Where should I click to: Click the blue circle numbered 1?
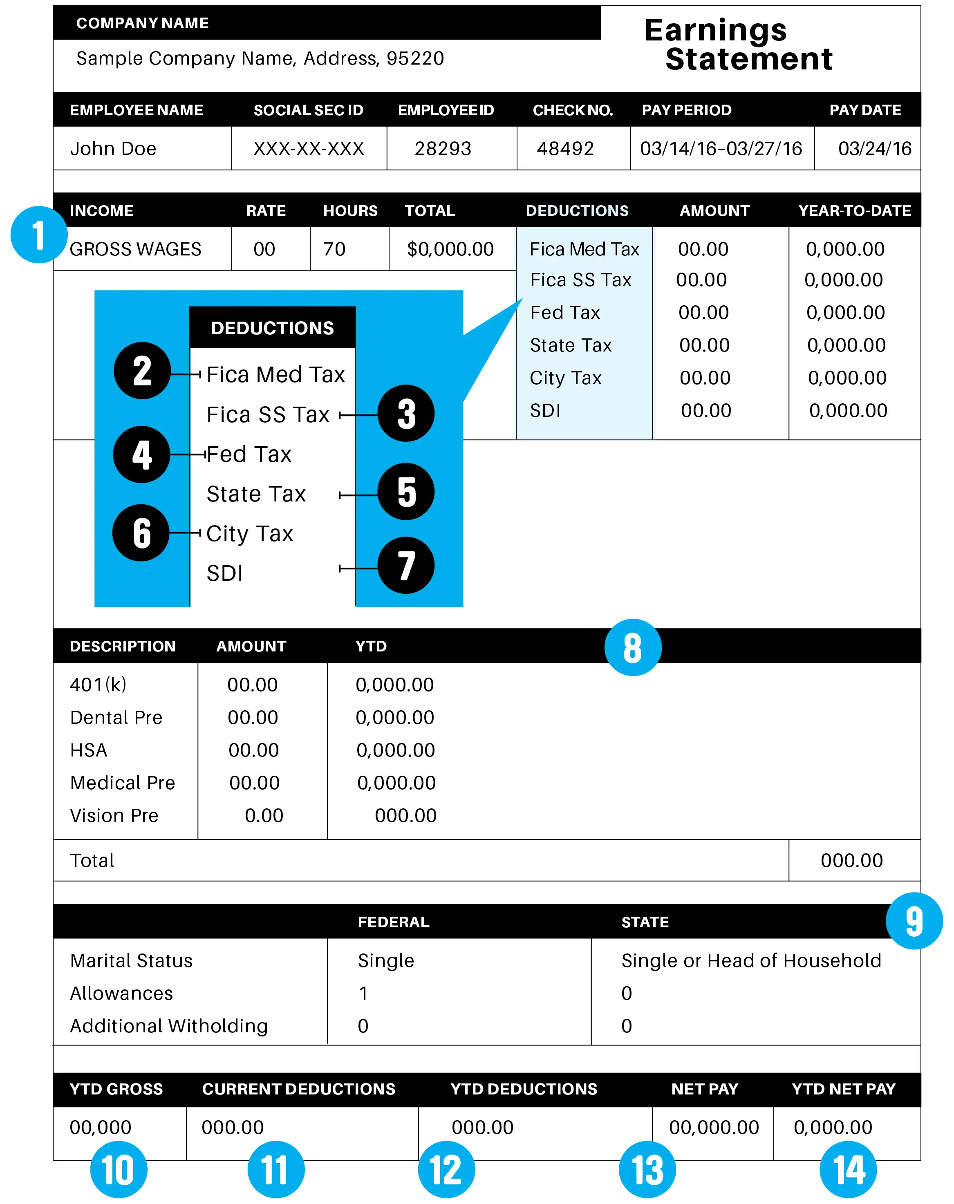38,235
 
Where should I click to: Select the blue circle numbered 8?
633,648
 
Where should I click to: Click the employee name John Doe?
113,148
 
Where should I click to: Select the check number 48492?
565,148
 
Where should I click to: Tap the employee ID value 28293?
443,148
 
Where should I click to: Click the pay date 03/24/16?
875,148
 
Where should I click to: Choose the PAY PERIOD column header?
686,110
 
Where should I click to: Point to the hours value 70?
335,249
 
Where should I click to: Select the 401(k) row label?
99,685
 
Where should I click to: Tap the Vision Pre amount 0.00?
264,816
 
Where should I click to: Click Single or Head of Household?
751,960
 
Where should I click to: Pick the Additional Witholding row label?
169,1026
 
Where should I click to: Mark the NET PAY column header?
704,1089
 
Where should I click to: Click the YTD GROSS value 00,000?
101,1128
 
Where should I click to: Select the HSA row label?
89,750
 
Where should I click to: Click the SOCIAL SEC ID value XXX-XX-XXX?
309,148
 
